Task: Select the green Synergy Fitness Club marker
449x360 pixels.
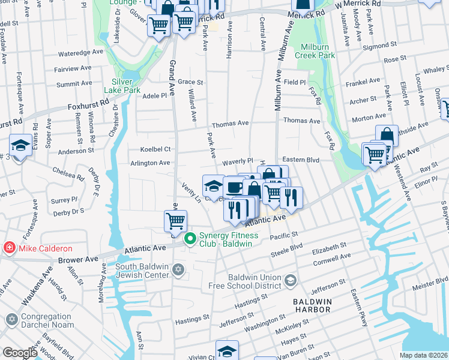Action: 191,239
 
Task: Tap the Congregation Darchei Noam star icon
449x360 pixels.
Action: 11,320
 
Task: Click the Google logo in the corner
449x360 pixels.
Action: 20,353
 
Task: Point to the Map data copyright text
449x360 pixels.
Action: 423,355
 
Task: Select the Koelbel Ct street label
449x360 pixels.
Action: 155,149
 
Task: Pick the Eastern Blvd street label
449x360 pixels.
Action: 300,160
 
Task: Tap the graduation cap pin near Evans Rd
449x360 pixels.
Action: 20,146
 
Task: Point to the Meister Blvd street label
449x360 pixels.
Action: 434,281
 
